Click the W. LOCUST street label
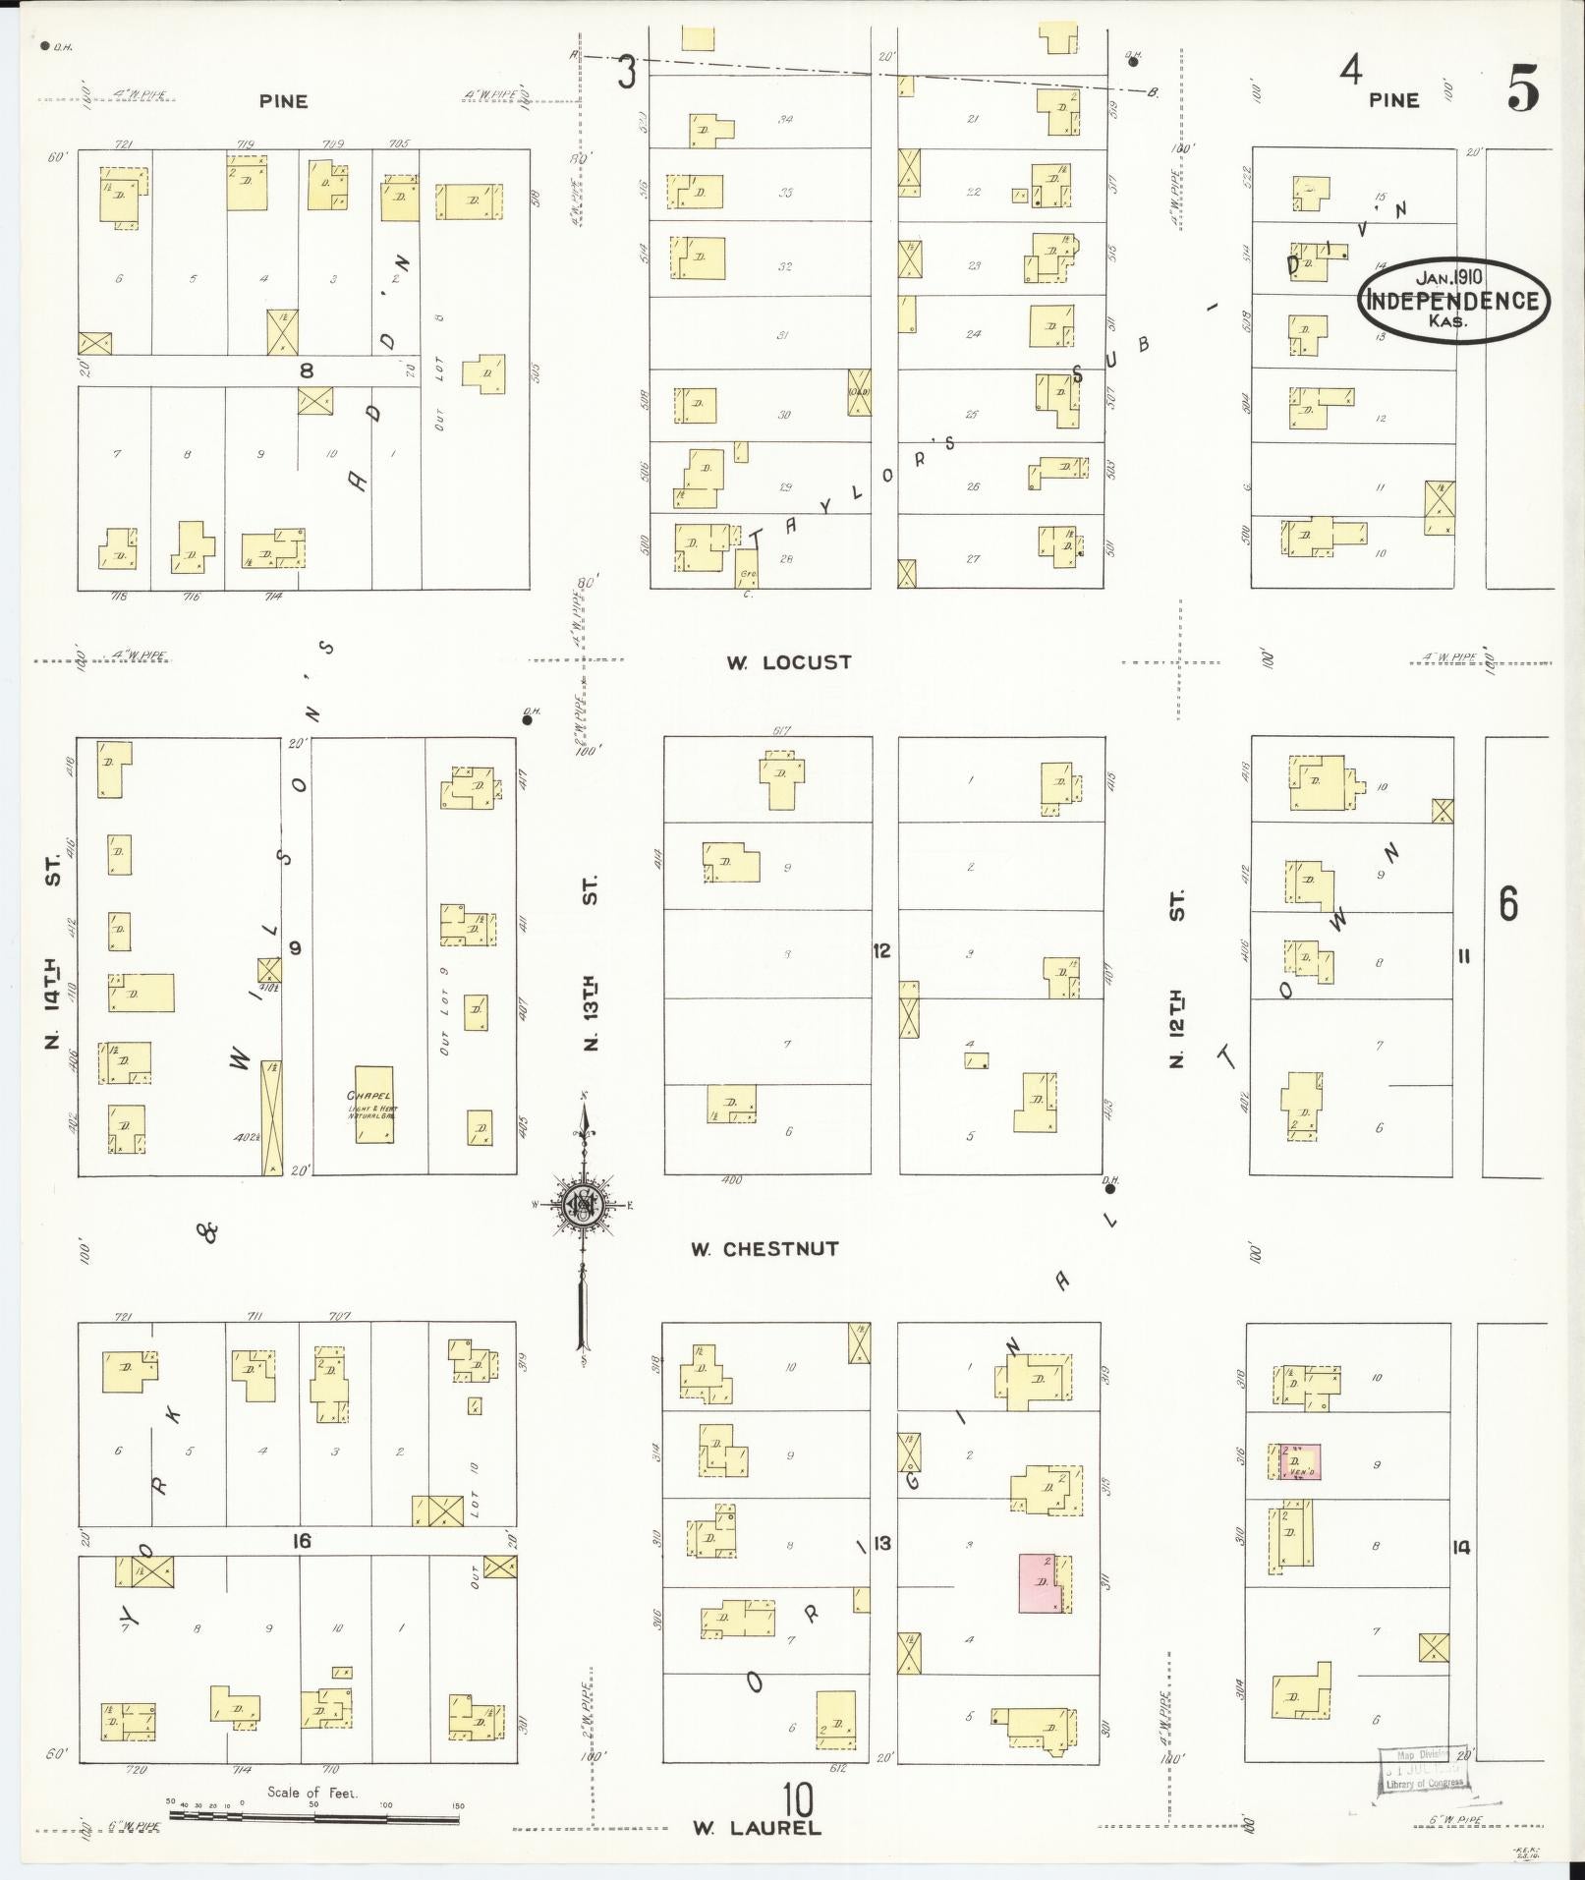[x=788, y=662]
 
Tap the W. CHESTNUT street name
[x=764, y=1249]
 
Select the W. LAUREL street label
[x=756, y=1828]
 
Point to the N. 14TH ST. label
[x=53, y=950]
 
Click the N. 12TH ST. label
[x=1177, y=978]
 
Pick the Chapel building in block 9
[x=373, y=1104]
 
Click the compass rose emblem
[x=584, y=1204]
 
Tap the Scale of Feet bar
[x=313, y=1818]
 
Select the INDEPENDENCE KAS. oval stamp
[x=1453, y=300]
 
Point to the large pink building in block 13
[x=1039, y=1582]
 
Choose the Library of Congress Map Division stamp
[x=1424, y=1774]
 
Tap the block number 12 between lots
[x=881, y=950]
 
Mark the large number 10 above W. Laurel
[x=798, y=1800]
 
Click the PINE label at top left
[x=283, y=100]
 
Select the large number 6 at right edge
[x=1508, y=903]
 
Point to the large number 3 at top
[x=627, y=73]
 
